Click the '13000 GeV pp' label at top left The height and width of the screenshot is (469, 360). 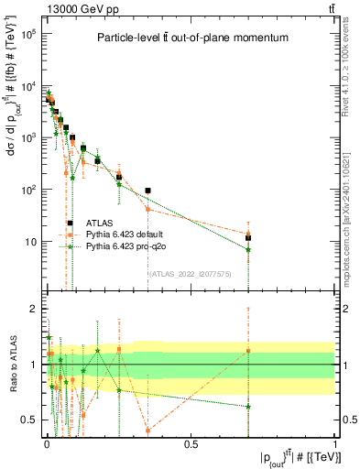coord(49,8)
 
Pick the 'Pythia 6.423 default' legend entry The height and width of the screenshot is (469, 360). coord(124,234)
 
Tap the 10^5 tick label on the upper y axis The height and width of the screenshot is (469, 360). coord(27,34)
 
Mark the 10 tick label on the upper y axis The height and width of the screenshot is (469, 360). coord(28,242)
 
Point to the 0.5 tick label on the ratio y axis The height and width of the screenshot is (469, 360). coord(28,420)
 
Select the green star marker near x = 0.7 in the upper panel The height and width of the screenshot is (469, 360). coord(248,249)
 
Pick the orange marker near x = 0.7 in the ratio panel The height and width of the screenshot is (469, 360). coord(248,351)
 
